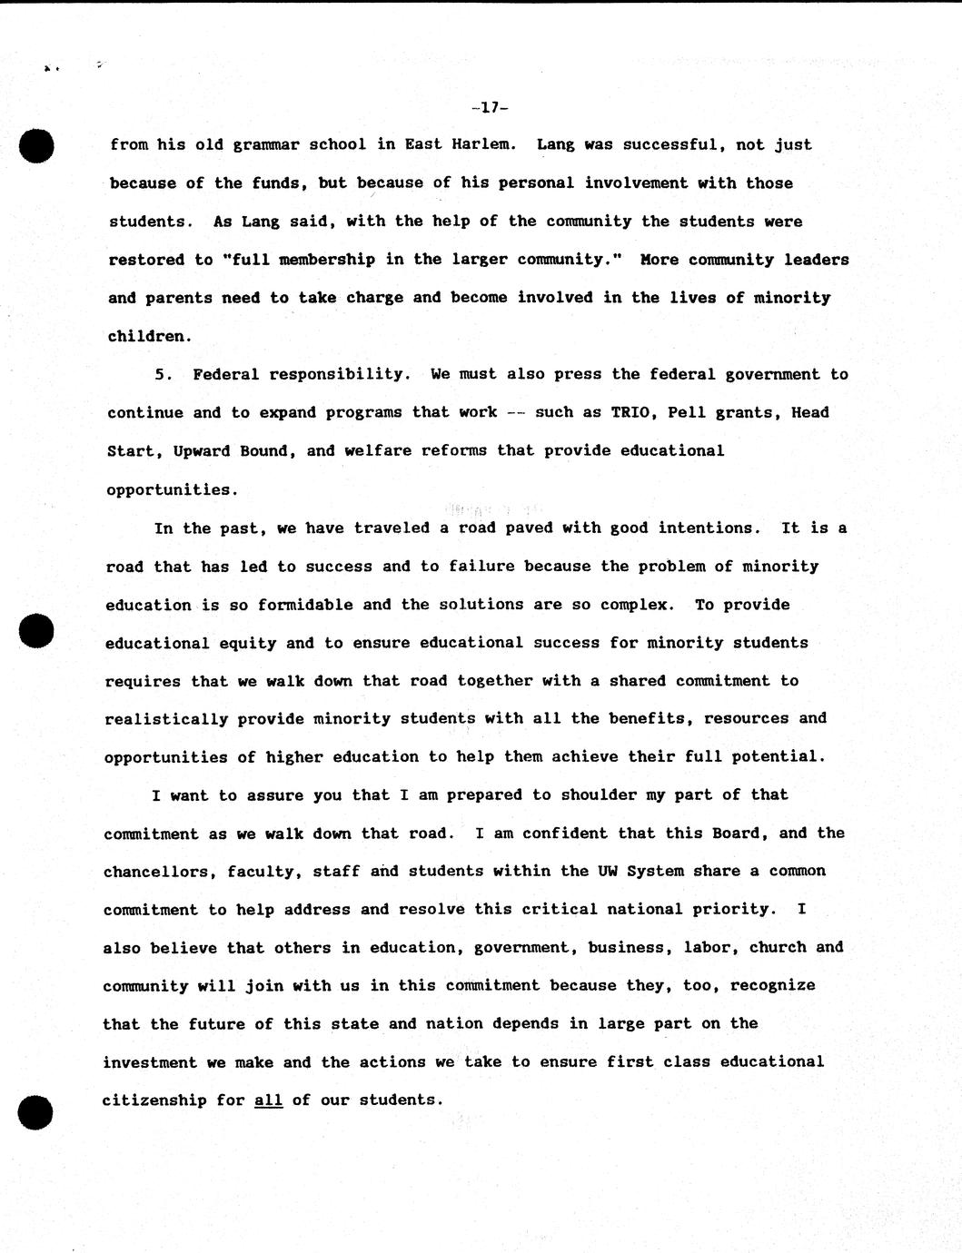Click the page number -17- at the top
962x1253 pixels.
point(490,108)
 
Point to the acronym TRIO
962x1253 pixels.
point(630,412)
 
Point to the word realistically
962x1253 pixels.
point(166,719)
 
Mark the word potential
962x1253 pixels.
point(783,757)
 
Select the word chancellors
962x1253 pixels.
point(158,872)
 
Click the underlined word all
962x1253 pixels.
point(268,1100)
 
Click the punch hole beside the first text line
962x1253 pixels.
point(36,146)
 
